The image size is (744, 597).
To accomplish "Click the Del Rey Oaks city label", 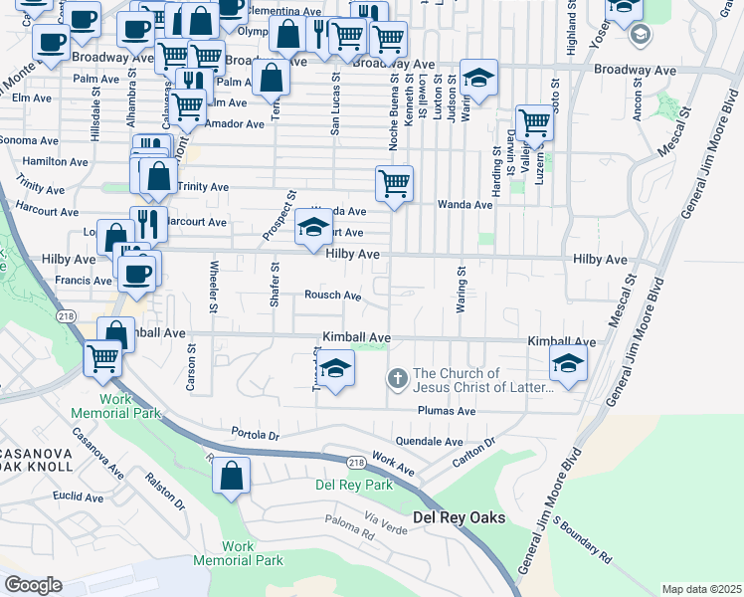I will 459,517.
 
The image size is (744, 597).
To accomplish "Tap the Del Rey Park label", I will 353,485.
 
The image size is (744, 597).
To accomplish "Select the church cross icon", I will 396,378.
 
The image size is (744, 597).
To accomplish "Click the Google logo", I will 33,585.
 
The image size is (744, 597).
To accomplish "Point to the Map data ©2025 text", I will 701,589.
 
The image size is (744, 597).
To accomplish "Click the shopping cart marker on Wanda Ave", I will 394,183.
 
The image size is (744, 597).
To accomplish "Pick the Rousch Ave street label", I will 332,295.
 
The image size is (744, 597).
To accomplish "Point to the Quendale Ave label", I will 430,441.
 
